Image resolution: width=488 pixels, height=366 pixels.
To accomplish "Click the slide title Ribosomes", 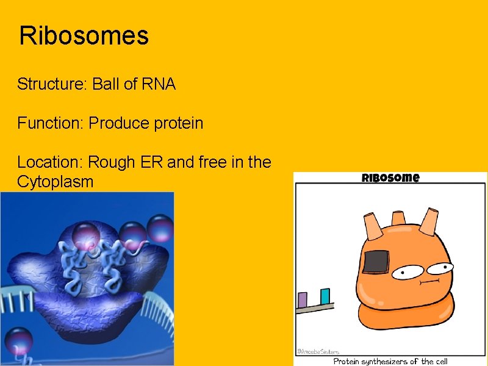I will [84, 36].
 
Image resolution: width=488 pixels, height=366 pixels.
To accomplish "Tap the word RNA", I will [158, 84].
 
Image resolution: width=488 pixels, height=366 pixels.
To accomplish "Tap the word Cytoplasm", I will [56, 182].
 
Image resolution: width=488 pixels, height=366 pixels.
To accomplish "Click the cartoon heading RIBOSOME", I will [390, 178].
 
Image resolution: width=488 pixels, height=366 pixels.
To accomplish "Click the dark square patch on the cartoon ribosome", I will [377, 261].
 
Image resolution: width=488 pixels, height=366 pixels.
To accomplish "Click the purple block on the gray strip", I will [302, 300].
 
